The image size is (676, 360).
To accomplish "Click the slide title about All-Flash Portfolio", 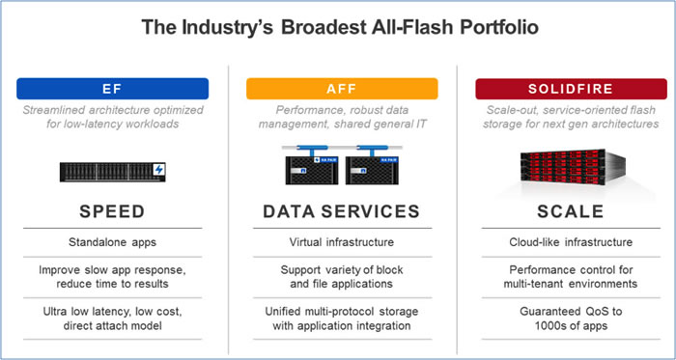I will (x=337, y=28).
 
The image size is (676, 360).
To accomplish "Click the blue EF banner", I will (x=112, y=89).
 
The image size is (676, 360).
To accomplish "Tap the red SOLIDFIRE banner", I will (x=563, y=89).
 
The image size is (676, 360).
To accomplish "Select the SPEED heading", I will (x=112, y=212).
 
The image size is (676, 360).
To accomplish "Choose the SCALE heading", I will (x=563, y=212).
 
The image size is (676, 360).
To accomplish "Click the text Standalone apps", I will (x=112, y=242).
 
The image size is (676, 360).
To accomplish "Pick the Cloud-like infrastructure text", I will (x=563, y=242).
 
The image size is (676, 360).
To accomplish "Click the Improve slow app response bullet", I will (x=112, y=277).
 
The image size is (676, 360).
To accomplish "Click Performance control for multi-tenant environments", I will (x=563, y=277).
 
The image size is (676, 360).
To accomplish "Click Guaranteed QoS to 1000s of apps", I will (x=563, y=319).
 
